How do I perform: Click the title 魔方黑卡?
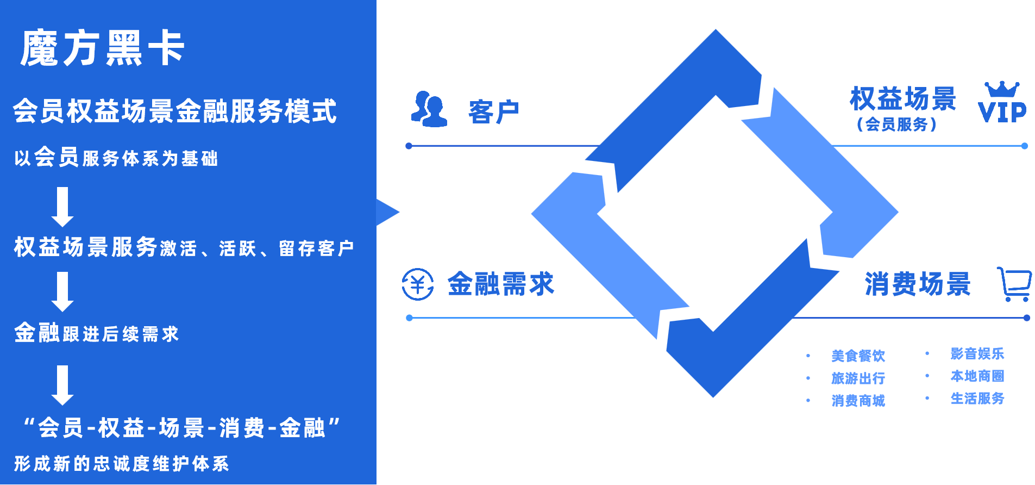pos(103,48)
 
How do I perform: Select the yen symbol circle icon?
pos(418,284)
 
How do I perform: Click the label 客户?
pos(494,112)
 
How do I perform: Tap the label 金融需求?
pos(500,284)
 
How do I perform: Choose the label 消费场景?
pos(917,284)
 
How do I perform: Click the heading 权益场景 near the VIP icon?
pos(902,98)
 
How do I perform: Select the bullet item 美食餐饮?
pos(858,356)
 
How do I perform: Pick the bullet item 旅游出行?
pos(858,378)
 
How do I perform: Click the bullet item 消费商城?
pos(858,401)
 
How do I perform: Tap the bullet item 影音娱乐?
pos(977,354)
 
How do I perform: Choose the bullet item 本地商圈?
pos(977,376)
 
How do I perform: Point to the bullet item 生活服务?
pos(977,399)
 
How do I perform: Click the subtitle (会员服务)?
pos(896,125)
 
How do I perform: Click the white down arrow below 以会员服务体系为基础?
pos(62,207)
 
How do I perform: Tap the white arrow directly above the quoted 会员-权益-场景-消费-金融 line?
pos(62,385)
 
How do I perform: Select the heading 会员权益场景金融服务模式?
pos(174,111)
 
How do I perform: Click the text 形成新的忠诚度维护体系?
pos(121,464)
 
